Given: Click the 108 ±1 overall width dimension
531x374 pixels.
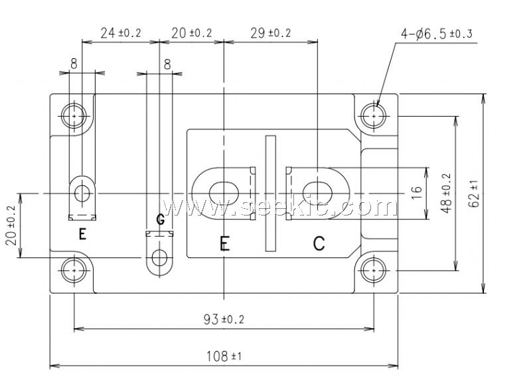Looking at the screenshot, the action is tap(224, 356).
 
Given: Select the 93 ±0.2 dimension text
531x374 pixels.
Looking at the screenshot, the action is tap(224, 319).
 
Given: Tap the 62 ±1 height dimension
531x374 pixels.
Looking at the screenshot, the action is tap(475, 193).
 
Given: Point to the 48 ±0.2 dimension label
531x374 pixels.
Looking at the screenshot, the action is tap(447, 193).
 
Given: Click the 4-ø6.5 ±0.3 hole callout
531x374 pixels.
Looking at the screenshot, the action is tap(437, 34).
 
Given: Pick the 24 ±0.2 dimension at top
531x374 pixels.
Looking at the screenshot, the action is tap(121, 33).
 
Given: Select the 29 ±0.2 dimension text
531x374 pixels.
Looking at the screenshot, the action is tap(271, 33).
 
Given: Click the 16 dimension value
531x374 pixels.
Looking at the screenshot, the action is tap(417, 193).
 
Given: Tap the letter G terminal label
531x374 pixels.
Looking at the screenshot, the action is tap(161, 219).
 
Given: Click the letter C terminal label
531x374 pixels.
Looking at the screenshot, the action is tap(319, 243).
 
